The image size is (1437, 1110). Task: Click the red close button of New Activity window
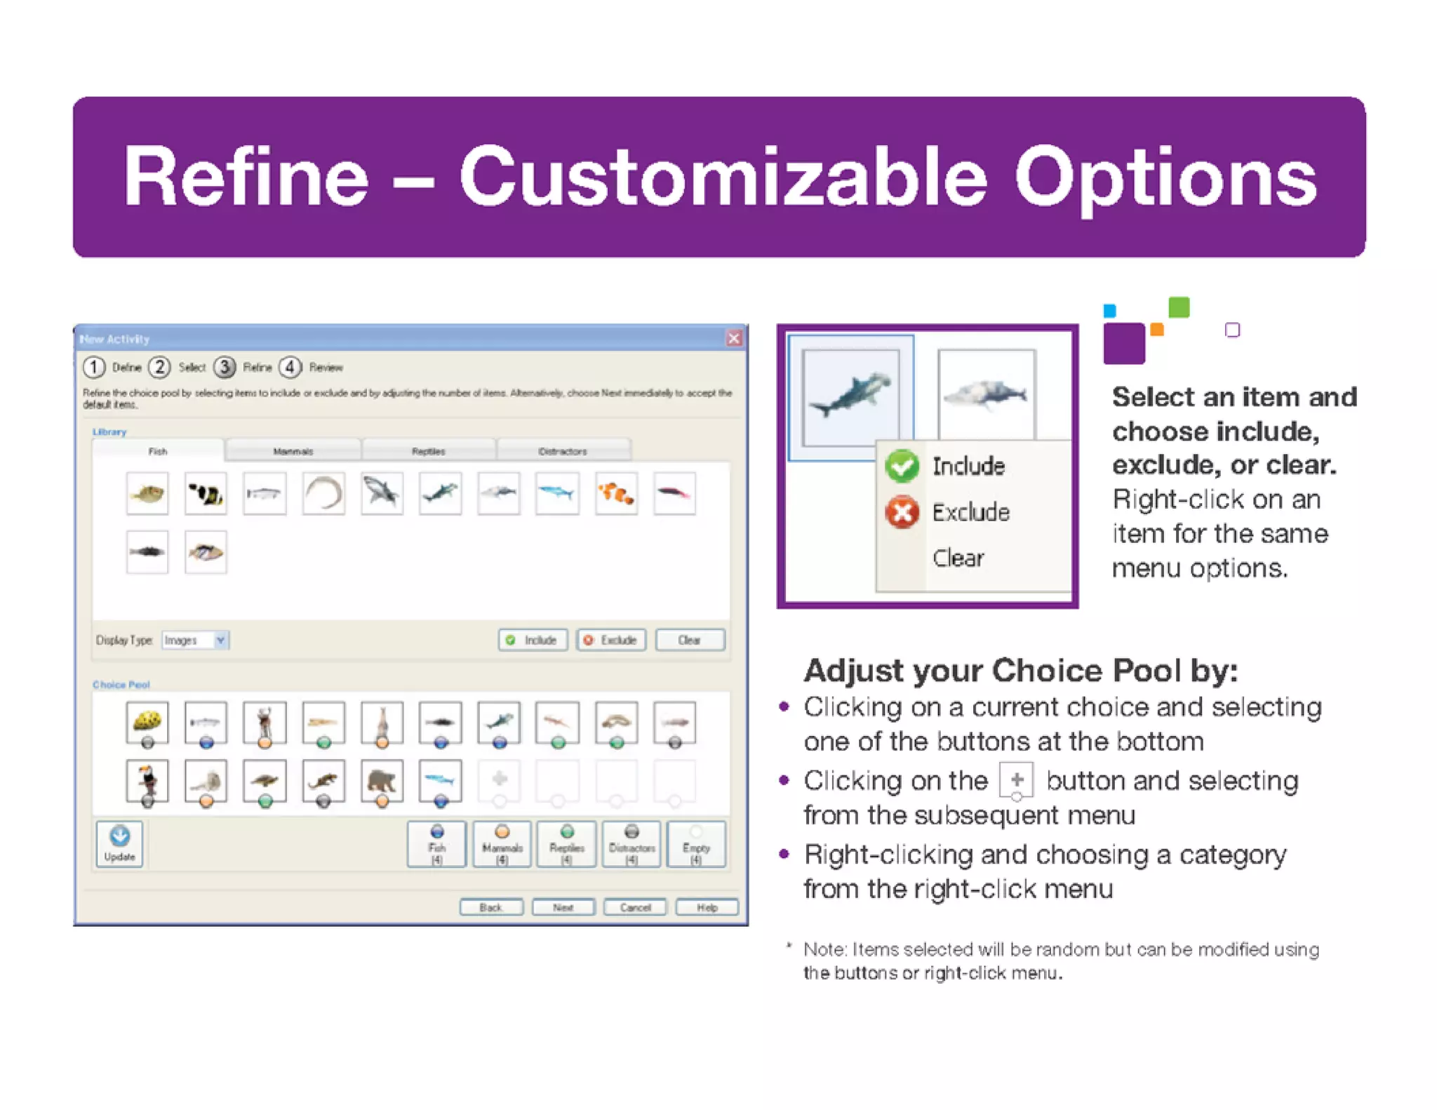[x=733, y=339]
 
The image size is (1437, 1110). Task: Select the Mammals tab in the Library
[x=293, y=451]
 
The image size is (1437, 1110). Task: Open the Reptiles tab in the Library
[x=428, y=451]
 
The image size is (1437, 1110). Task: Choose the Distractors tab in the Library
[x=563, y=451]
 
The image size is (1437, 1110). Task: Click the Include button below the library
[x=533, y=640]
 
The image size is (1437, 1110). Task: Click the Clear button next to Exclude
[x=689, y=640]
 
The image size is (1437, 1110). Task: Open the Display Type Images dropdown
[x=220, y=640]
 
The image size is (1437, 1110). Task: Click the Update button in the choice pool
[x=120, y=843]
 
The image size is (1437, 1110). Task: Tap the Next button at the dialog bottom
[x=563, y=907]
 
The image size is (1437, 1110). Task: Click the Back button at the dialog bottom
[x=490, y=907]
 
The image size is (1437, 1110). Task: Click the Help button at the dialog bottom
[x=707, y=907]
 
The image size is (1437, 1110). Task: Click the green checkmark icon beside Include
[x=902, y=466]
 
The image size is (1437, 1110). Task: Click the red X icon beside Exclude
[x=902, y=512]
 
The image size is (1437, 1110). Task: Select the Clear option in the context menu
[x=958, y=559]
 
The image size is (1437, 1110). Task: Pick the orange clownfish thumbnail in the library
[x=616, y=494]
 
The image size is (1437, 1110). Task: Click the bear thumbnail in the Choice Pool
[x=382, y=780]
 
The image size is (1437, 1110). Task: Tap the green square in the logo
[x=1179, y=307]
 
